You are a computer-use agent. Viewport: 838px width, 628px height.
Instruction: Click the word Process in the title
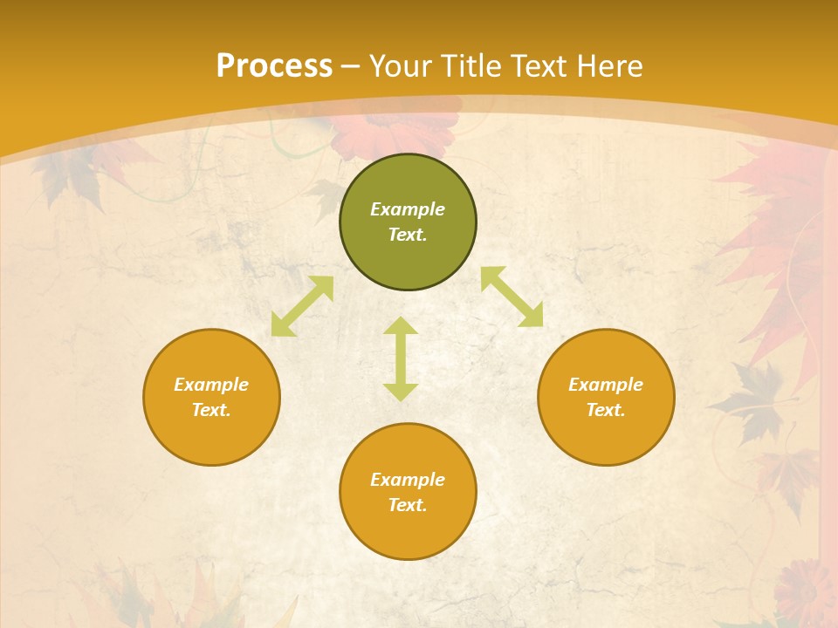274,66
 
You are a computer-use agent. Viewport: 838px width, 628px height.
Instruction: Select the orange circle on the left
211,436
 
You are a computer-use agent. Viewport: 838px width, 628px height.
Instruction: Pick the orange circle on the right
606,436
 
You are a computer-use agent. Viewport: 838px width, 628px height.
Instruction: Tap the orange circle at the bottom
408,532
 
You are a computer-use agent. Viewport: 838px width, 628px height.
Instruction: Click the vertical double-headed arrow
401,359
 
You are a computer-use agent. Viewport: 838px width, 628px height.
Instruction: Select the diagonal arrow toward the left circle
302,306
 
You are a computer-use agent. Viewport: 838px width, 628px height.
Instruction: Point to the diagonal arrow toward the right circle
512,297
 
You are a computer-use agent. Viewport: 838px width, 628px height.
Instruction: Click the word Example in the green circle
408,209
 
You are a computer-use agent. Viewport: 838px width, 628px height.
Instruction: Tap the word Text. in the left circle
211,410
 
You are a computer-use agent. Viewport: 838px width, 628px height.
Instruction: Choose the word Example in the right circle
606,385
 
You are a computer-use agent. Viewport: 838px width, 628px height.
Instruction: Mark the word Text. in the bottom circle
408,505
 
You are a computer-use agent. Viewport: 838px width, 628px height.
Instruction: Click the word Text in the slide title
539,66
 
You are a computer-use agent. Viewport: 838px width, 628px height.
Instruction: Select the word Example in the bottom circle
408,480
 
